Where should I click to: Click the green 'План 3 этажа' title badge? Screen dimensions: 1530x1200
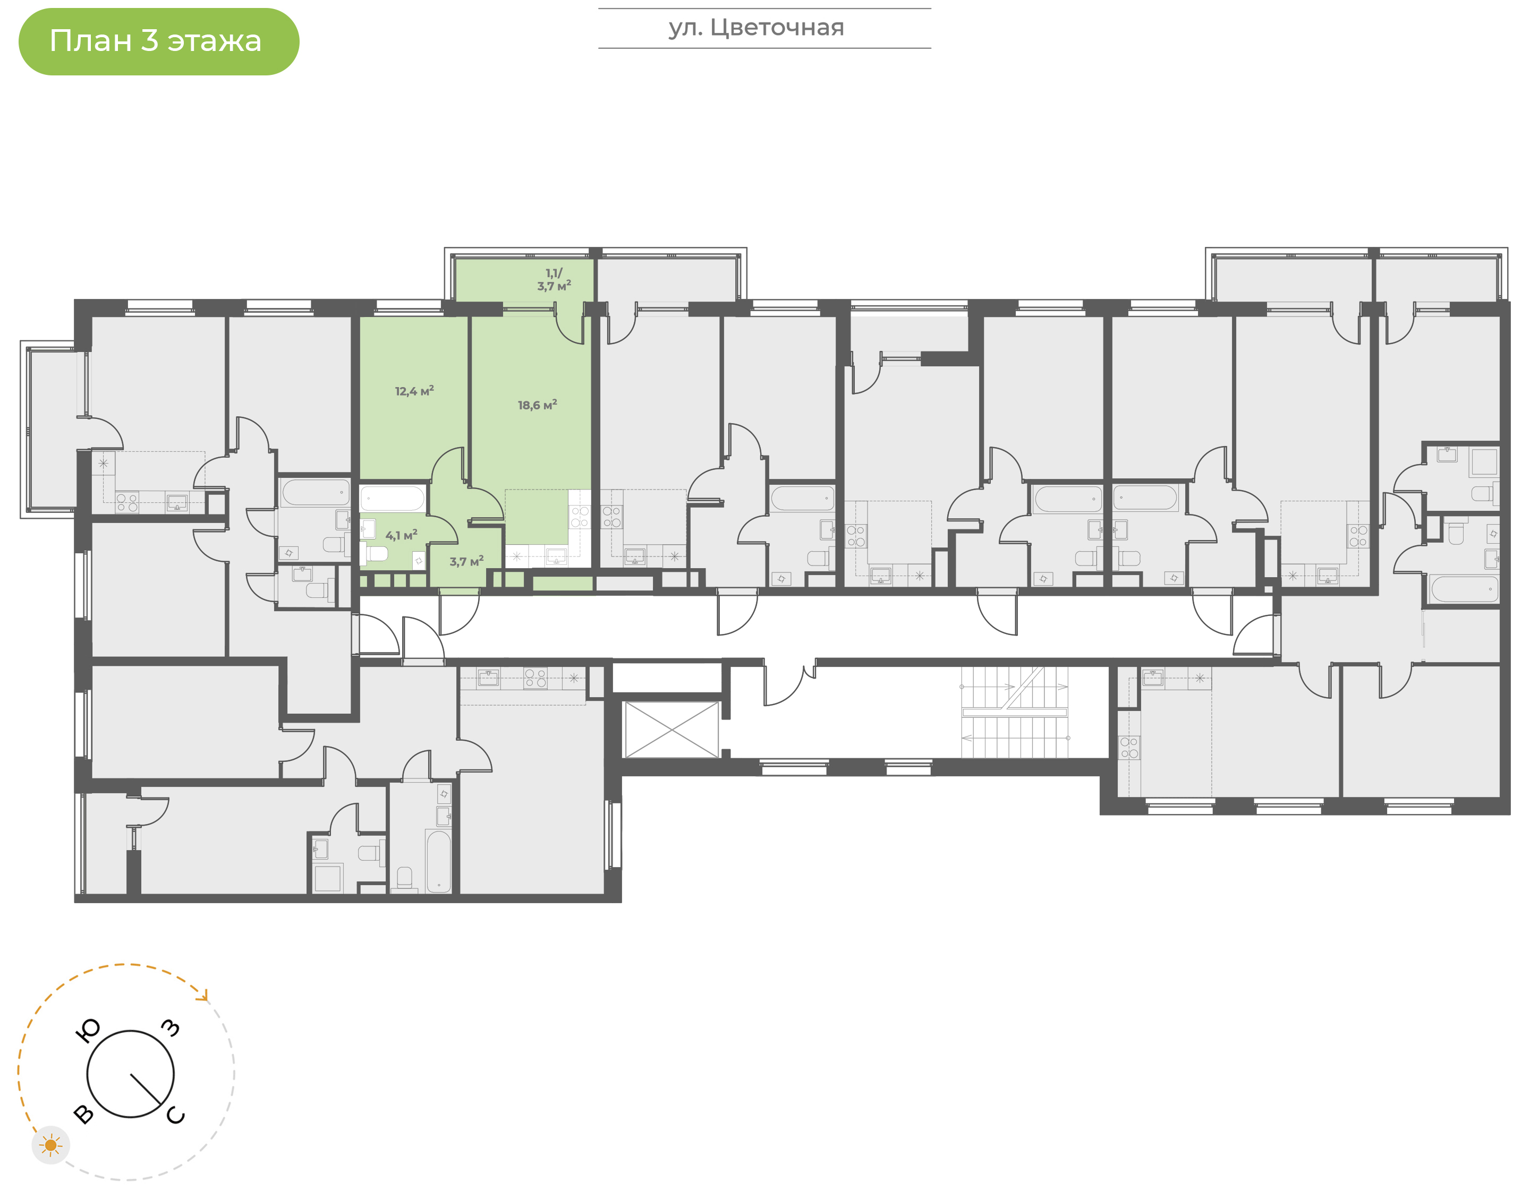click(159, 41)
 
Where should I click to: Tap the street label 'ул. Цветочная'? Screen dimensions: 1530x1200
click(756, 28)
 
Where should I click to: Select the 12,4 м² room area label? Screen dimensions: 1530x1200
click(414, 391)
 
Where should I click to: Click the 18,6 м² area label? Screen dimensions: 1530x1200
click(537, 405)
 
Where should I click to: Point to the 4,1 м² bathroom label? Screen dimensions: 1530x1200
click(401, 535)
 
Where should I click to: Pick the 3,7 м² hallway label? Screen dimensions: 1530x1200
click(466, 561)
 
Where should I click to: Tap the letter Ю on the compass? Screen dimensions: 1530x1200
click(87, 1031)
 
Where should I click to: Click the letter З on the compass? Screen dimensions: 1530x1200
click(171, 1028)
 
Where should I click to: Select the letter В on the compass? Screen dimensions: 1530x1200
click(83, 1113)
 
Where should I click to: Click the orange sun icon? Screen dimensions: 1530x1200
click(50, 1145)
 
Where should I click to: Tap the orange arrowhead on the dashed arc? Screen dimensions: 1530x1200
click(204, 996)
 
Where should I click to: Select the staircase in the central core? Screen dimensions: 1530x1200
click(1014, 713)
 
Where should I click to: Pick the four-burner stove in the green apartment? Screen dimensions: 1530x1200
click(580, 517)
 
